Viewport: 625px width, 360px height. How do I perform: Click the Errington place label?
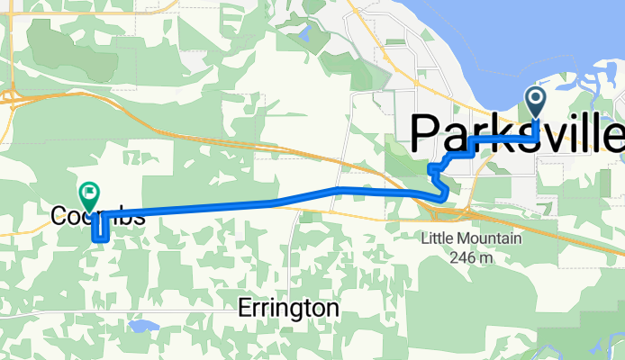(x=288, y=309)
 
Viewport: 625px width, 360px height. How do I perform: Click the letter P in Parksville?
(x=427, y=133)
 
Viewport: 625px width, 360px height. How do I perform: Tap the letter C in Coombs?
(x=59, y=217)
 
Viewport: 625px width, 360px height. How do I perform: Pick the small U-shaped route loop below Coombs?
(x=100, y=232)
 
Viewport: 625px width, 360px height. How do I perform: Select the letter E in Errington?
(x=244, y=309)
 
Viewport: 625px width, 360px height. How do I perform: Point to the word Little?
(x=438, y=240)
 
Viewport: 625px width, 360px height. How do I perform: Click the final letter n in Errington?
(x=332, y=309)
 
